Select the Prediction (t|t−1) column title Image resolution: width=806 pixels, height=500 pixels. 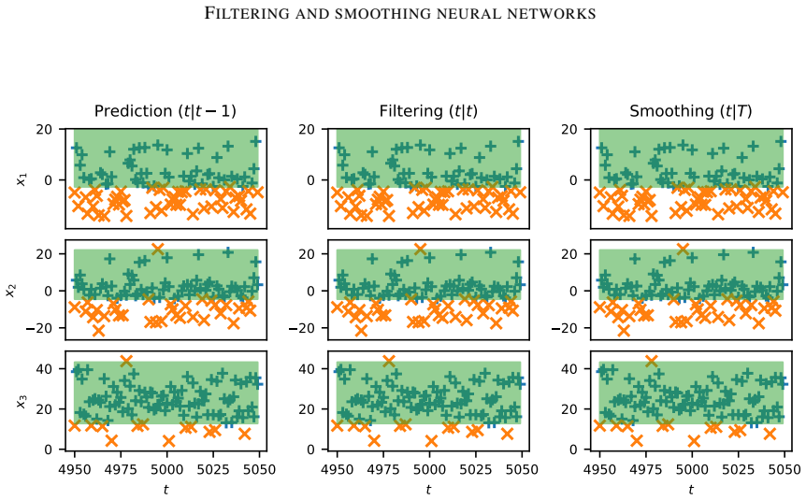click(165, 111)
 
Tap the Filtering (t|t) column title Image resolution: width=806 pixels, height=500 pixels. click(428, 111)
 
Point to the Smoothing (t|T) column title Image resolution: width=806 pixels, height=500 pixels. click(691, 111)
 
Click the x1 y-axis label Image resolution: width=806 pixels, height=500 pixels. click(22, 179)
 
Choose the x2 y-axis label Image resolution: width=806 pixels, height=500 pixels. click(10, 291)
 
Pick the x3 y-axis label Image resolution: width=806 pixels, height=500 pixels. click(22, 401)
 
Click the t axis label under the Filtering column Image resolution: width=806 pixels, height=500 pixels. click(428, 489)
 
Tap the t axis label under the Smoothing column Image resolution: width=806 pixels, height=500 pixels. click(691, 489)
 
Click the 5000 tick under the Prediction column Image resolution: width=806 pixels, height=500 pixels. click(167, 469)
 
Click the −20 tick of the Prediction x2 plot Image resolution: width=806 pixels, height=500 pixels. click(38, 328)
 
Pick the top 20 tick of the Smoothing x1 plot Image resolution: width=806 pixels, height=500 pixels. click(569, 129)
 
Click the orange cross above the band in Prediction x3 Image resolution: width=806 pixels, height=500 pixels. click(126, 361)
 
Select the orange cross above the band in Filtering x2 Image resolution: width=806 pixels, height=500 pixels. click(420, 249)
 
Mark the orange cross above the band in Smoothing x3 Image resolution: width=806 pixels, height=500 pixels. click(652, 361)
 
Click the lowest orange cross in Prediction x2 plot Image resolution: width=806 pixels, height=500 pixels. click(99, 331)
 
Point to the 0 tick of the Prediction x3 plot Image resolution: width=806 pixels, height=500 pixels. click(49, 450)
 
